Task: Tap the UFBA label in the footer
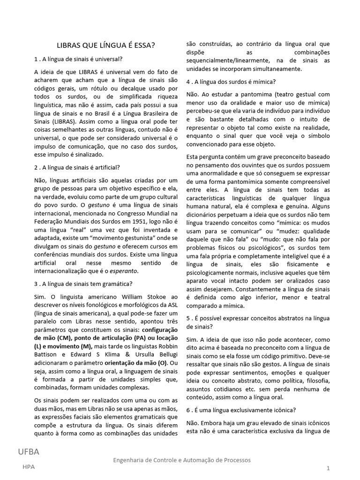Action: point(29,452)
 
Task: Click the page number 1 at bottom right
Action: point(329,468)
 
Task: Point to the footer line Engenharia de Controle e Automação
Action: point(182,460)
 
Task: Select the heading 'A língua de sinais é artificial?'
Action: point(77,167)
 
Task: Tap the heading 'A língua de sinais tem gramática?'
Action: point(83,284)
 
